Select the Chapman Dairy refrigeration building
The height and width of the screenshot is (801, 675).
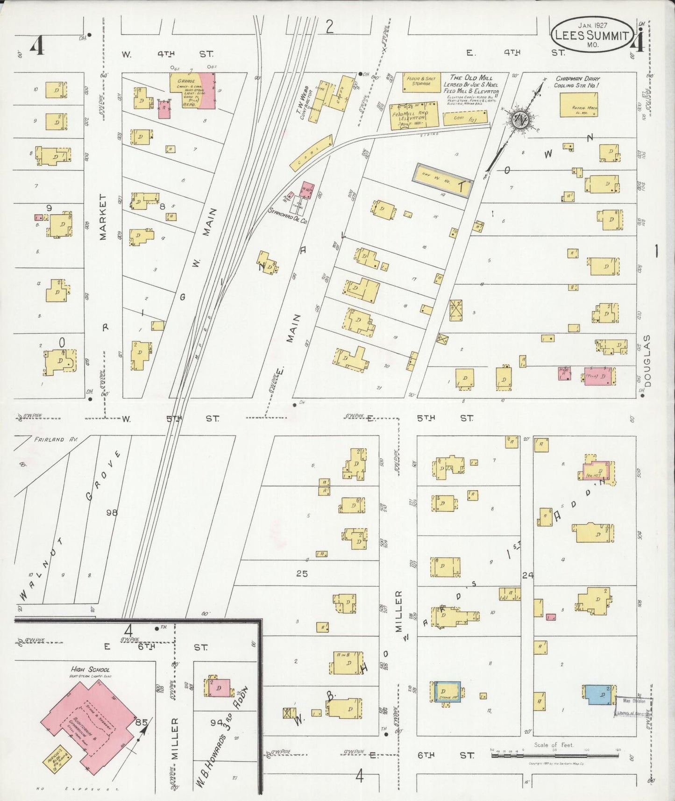[579, 104]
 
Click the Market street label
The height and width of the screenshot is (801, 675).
[103, 217]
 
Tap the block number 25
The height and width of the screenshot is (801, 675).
[302, 573]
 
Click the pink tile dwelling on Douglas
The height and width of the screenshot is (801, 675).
[599, 376]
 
